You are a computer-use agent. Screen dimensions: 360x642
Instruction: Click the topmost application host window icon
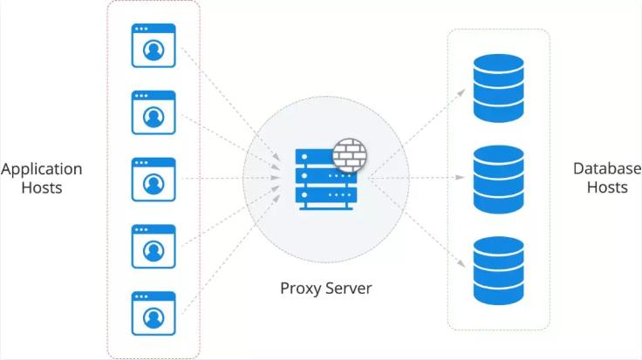click(153, 45)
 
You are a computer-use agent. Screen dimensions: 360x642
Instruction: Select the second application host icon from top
click(153, 112)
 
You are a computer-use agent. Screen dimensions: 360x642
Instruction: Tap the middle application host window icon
click(153, 179)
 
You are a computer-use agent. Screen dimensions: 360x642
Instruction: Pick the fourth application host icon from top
click(153, 247)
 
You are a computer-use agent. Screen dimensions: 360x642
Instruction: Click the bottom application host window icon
click(153, 313)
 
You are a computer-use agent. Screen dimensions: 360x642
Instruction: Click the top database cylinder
click(498, 88)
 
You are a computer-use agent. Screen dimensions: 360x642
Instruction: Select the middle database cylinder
click(498, 178)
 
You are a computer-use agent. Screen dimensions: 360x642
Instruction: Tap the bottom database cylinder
click(498, 268)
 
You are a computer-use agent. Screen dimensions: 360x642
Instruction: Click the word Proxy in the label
click(298, 288)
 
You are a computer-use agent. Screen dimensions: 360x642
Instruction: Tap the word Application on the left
click(42, 168)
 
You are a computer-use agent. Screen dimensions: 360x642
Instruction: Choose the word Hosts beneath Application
click(42, 187)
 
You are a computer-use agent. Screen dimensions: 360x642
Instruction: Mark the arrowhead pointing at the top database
click(461, 89)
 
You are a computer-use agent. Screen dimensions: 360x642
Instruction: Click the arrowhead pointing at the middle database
click(461, 179)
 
